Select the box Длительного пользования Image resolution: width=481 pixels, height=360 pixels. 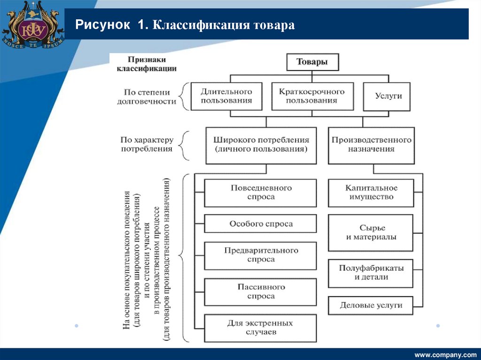pos(226,96)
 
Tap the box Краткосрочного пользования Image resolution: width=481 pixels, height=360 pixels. pos(311,96)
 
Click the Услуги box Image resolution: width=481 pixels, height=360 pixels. pos(388,96)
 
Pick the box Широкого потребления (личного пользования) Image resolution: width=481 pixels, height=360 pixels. pos(261,145)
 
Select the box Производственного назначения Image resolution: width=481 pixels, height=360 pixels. pos(371,145)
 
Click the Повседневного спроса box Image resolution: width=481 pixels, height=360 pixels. pos(261,192)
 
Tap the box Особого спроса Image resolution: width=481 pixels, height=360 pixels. pos(261,224)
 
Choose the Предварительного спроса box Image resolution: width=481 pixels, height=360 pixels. pos(261,255)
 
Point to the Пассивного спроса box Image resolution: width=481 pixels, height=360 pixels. pos(261,291)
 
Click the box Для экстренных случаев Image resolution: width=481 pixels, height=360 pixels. pos(261,328)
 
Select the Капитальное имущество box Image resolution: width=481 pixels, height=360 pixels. pos(371,192)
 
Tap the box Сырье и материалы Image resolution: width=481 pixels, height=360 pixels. pos(371,232)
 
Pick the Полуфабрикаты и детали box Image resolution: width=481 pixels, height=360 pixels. pos(371,273)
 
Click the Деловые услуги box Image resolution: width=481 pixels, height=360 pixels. pos(371,305)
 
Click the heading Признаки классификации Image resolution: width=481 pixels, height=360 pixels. pos(146,64)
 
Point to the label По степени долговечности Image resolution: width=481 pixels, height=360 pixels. pos(147,97)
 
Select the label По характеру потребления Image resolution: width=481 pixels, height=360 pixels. pos(147,145)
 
